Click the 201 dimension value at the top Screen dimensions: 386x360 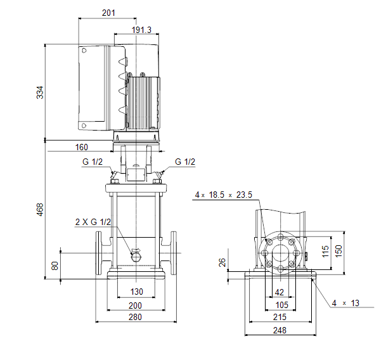[x=108, y=13]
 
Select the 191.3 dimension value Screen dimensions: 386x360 [x=141, y=30]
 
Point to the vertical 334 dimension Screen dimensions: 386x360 [x=40, y=93]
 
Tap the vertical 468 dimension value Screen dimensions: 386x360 [x=40, y=210]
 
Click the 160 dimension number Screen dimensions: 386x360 [x=82, y=147]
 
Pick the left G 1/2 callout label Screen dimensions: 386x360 [x=93, y=162]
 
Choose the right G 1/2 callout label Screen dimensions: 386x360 [x=185, y=162]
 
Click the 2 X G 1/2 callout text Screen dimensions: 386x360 [x=93, y=222]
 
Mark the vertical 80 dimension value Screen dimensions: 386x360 [x=55, y=266]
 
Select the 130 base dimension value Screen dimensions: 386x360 [x=137, y=292]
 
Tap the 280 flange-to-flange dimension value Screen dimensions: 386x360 [x=135, y=317]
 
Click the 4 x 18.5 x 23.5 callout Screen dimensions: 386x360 [x=224, y=195]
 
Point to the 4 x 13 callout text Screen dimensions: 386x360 [x=345, y=303]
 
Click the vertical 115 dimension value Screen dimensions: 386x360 [x=325, y=251]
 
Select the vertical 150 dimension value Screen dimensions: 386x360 [x=338, y=251]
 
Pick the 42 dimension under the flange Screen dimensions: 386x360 [x=279, y=293]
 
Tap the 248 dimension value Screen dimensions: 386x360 [x=280, y=330]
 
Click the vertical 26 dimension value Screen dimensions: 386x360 [x=222, y=262]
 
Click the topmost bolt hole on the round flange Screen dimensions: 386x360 [x=281, y=237]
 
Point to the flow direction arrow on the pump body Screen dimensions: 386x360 [x=136, y=250]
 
